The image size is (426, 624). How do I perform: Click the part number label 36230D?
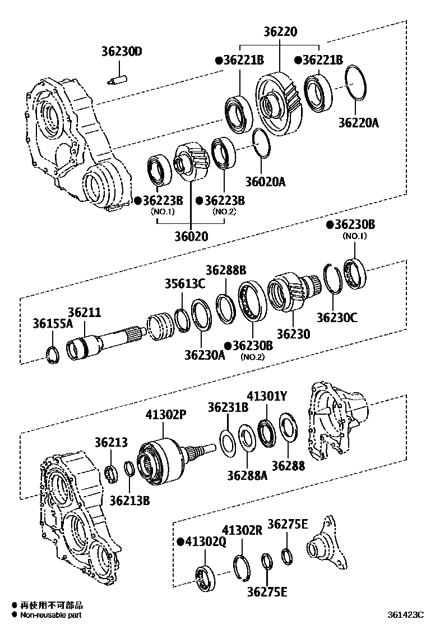[122, 52]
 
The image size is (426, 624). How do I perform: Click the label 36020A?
[265, 181]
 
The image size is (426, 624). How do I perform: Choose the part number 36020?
[190, 236]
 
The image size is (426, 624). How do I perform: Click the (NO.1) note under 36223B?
[163, 212]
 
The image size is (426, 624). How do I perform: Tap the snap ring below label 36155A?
[52, 355]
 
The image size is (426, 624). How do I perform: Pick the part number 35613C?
[185, 283]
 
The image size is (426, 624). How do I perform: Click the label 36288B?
[225, 270]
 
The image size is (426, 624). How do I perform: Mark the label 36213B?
[129, 499]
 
